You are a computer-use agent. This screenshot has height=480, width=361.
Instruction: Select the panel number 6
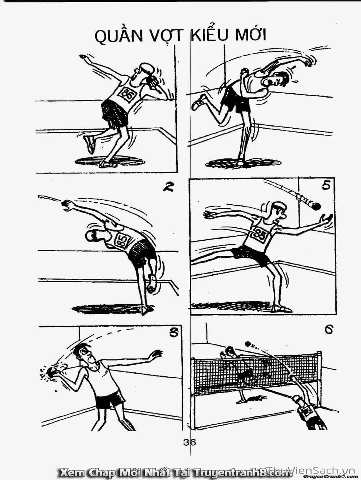pyautogui.click(x=328, y=330)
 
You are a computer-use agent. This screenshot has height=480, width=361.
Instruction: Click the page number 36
pyautogui.click(x=189, y=442)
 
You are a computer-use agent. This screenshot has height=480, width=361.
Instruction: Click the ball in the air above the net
pyautogui.click(x=248, y=344)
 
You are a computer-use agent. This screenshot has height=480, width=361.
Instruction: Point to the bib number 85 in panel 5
pyautogui.click(x=259, y=235)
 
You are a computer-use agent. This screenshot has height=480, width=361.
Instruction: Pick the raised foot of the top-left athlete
pyautogui.click(x=89, y=143)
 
